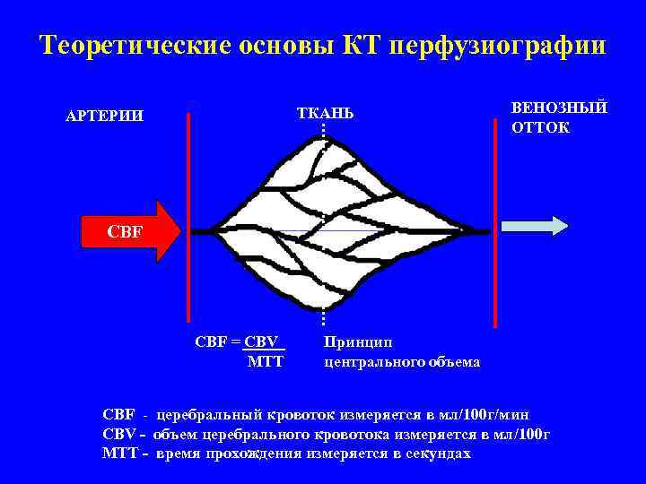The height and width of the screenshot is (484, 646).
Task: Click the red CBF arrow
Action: pos(130,231)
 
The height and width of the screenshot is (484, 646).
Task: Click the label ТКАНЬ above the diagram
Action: pos(325,113)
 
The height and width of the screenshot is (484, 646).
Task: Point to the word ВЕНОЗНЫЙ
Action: pos(559,108)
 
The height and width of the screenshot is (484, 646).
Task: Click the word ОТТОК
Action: pos(540,127)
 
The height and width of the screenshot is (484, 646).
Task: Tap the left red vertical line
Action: pos(188,215)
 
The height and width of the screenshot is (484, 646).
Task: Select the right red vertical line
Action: pos(494,215)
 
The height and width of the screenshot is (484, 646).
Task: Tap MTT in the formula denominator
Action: pos(265,362)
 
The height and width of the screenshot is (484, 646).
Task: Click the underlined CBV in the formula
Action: pos(264,342)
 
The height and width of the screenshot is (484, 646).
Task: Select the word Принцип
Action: pos(357,342)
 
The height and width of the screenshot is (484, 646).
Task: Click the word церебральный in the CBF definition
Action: pos(210,415)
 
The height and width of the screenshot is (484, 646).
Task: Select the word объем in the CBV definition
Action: pos(176,435)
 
